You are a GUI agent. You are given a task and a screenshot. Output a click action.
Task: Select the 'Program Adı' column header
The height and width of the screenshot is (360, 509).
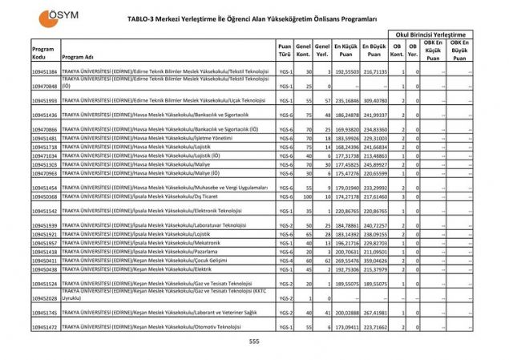tap(78, 57)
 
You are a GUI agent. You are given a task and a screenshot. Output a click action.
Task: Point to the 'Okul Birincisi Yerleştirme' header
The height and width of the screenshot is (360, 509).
tap(430, 34)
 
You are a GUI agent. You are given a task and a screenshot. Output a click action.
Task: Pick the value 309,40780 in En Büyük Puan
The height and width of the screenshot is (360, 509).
tap(374, 101)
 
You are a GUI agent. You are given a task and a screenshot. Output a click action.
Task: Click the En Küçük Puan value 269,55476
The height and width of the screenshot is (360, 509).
tap(345, 261)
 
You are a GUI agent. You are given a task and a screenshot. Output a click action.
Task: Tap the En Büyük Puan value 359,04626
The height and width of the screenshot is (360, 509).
tap(374, 261)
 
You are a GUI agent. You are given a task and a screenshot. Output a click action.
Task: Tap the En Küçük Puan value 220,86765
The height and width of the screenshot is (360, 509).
tap(345, 211)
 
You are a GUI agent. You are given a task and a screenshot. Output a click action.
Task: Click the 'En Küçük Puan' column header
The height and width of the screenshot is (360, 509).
tap(345, 50)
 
